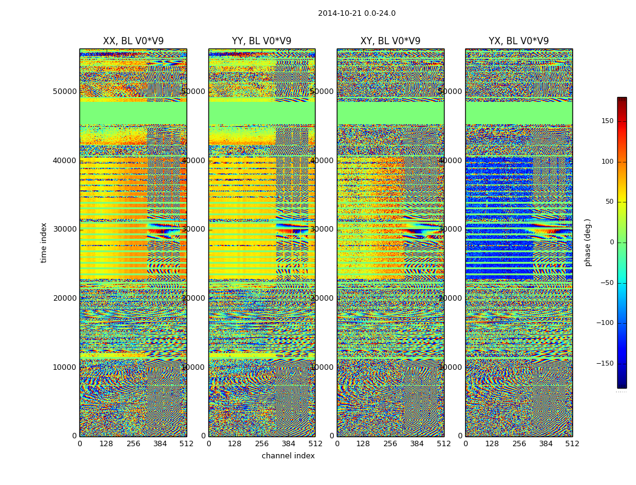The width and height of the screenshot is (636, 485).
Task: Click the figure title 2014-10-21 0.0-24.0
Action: (x=357, y=13)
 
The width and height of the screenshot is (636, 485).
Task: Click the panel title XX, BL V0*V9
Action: (x=133, y=41)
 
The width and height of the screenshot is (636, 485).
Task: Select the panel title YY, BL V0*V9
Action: (x=262, y=41)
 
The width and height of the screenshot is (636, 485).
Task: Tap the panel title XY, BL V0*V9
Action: (x=390, y=41)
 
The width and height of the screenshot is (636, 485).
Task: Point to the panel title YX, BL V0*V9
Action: (x=518, y=41)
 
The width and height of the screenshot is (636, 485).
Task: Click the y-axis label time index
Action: (x=44, y=242)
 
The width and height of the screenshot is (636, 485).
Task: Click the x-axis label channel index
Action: (x=288, y=456)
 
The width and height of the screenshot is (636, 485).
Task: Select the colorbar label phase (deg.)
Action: (x=588, y=242)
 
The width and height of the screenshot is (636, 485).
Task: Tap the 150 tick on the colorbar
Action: (x=607, y=121)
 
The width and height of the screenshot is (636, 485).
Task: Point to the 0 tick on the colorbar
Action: (x=611, y=242)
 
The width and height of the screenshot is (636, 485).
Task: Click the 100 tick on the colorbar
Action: (x=607, y=162)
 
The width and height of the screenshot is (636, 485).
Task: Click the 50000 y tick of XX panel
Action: (x=65, y=92)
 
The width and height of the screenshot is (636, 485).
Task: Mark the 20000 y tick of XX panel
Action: (x=65, y=298)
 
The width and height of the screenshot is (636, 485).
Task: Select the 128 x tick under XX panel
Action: (x=106, y=444)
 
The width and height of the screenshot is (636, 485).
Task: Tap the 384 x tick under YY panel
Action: (x=288, y=444)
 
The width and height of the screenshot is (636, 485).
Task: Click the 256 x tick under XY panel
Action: (x=390, y=444)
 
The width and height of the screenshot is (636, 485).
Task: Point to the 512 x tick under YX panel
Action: (x=572, y=444)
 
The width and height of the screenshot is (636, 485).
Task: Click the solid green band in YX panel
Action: (x=518, y=113)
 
